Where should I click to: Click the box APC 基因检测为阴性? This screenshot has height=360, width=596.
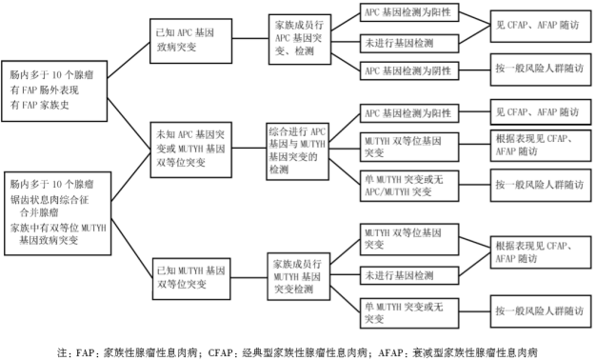[406, 70]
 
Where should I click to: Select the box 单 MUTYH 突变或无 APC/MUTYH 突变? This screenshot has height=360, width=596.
[406, 183]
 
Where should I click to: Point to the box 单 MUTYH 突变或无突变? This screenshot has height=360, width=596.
[406, 310]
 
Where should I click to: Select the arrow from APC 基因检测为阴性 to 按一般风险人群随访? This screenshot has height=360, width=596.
[470, 71]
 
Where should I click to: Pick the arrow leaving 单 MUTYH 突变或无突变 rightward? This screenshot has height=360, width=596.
[470, 311]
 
